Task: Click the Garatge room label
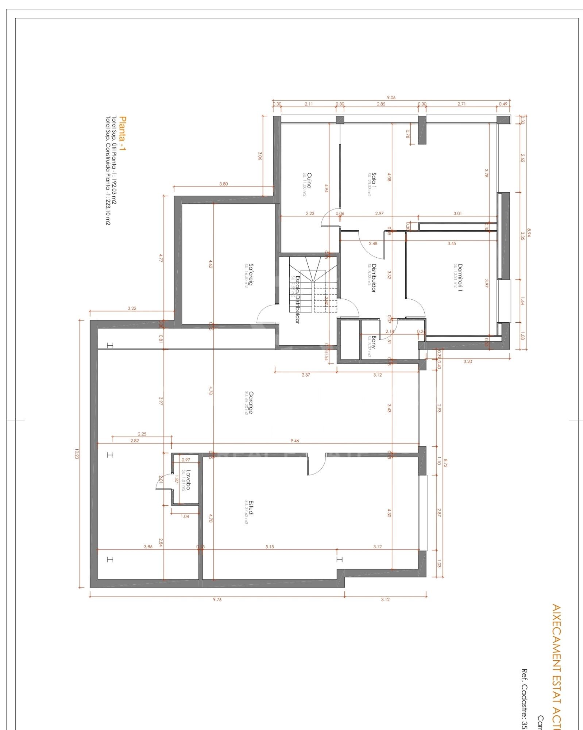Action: pyautogui.click(x=251, y=403)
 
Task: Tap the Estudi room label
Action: pyautogui.click(x=251, y=508)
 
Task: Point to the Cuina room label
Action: pyautogui.click(x=309, y=180)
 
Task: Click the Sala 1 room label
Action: pyautogui.click(x=374, y=180)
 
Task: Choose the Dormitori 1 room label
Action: pyautogui.click(x=460, y=278)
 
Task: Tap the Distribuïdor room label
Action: pyautogui.click(x=373, y=278)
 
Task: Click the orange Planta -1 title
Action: pyautogui.click(x=123, y=134)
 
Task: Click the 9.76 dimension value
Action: pyautogui.click(x=217, y=599)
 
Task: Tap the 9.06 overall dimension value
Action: pyautogui.click(x=391, y=97)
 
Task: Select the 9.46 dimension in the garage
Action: pyautogui.click(x=294, y=441)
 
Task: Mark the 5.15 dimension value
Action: pyautogui.click(x=270, y=546)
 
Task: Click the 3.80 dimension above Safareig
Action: pyautogui.click(x=223, y=184)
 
